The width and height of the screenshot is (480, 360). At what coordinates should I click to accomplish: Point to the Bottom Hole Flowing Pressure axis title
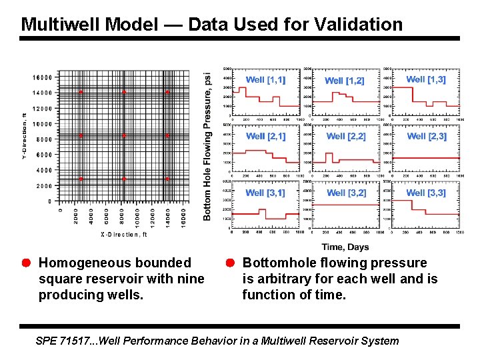(208, 137)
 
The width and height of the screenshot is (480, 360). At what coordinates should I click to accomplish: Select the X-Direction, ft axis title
(123, 235)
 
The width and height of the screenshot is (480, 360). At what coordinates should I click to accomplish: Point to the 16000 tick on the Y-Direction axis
(43, 77)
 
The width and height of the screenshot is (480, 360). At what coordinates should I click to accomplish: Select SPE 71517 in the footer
(59, 341)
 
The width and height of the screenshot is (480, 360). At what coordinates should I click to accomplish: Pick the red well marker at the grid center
(124, 136)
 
